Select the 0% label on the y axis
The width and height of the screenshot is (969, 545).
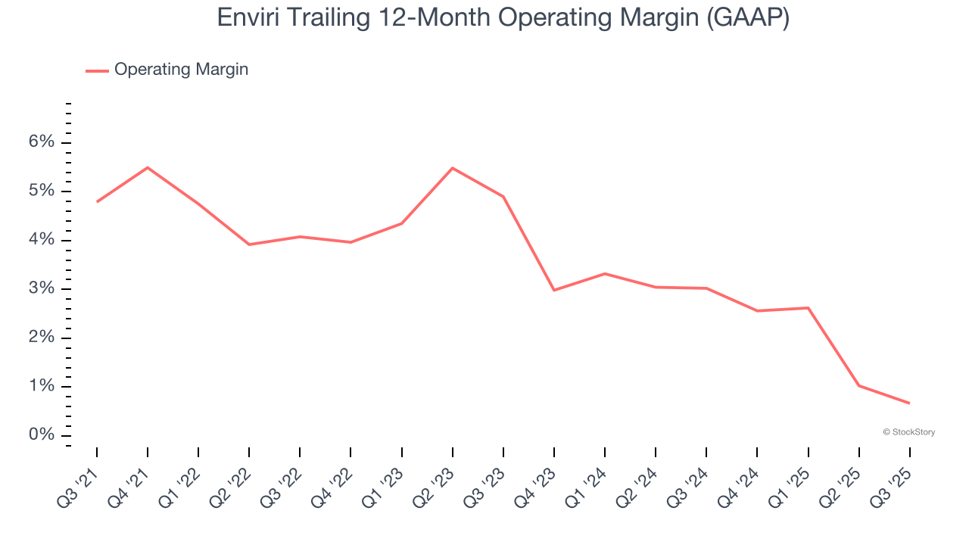coord(42,435)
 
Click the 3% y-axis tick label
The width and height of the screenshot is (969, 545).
coord(42,289)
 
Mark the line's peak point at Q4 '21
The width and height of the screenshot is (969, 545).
coord(148,167)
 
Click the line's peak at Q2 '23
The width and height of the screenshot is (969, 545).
coord(452,168)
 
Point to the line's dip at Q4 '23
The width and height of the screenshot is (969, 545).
coord(553,290)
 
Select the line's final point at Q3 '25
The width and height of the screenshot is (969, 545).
coord(909,403)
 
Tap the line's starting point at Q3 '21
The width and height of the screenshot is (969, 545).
coord(97,201)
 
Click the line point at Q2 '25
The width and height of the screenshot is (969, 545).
coord(858,385)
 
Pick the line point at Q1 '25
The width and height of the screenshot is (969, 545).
coord(808,308)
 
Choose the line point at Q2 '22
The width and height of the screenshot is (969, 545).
coord(249,244)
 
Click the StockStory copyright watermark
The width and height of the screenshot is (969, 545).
coord(908,432)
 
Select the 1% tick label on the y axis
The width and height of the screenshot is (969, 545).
coord(42,387)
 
